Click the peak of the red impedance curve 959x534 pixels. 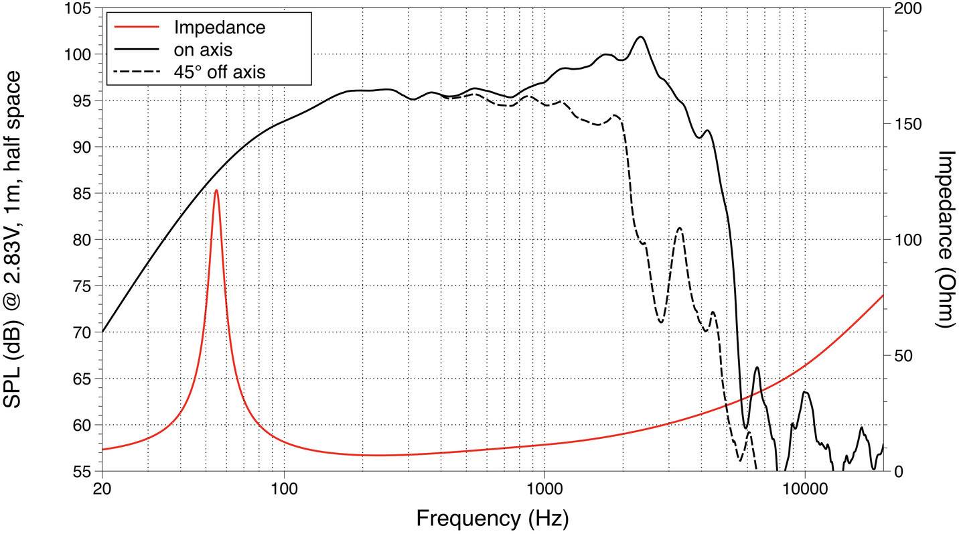(x=216, y=190)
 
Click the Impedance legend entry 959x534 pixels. (x=219, y=27)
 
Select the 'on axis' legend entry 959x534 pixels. (x=203, y=49)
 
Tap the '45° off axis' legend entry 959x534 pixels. (x=219, y=71)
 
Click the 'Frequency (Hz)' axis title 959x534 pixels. (x=492, y=518)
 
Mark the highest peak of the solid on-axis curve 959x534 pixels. (x=641, y=37)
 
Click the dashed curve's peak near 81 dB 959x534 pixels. (x=680, y=228)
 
